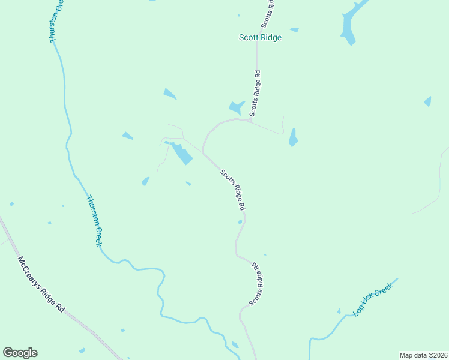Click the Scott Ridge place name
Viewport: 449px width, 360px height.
260,37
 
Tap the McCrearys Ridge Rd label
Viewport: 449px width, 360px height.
41,284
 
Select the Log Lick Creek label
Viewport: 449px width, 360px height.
372,299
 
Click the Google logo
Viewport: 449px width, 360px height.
20,352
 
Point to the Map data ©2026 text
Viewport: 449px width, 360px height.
423,355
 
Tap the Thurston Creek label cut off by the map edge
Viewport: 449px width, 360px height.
56,22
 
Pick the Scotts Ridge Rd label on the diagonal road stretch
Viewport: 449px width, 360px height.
233,190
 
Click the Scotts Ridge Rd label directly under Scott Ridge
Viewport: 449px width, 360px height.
255,94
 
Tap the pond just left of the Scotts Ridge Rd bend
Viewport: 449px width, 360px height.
236,107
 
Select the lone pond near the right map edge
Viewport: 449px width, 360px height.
428,101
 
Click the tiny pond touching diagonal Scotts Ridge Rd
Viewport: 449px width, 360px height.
240,222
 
